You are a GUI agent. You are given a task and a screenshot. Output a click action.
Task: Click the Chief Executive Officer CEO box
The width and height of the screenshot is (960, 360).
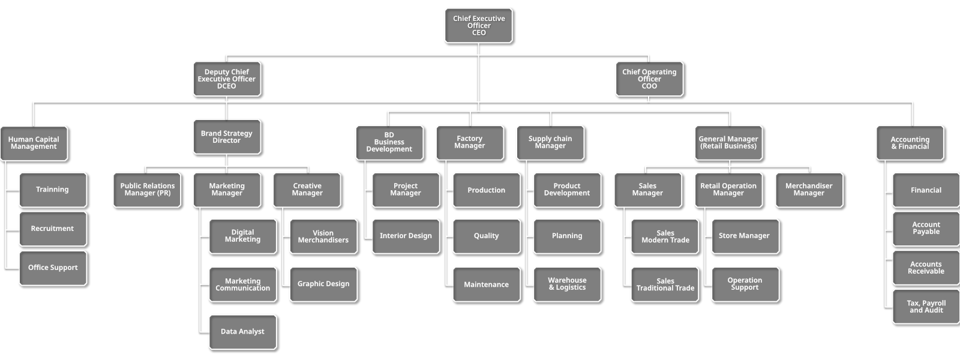[x=478, y=25]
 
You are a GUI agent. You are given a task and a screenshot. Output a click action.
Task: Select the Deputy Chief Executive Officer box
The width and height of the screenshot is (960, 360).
[x=227, y=79]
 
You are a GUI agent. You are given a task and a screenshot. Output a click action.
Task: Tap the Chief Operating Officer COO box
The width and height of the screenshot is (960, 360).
[x=649, y=79]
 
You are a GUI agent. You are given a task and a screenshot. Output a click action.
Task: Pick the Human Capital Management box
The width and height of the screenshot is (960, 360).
[x=34, y=143]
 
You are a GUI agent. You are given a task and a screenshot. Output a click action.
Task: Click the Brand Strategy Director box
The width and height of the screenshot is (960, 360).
[x=227, y=137]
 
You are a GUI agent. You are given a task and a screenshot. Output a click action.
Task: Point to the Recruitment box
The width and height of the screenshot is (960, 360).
[x=52, y=229]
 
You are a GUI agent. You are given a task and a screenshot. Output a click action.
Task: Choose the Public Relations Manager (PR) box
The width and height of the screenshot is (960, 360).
[x=147, y=190]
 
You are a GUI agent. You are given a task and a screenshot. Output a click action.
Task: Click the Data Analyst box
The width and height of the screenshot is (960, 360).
[x=242, y=331]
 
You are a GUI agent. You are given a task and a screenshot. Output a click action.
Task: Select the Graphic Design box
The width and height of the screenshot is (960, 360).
[x=323, y=284]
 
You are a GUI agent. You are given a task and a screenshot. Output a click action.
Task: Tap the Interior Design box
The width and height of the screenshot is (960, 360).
[x=406, y=236]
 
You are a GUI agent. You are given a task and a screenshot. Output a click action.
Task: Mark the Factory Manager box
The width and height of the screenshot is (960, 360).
[x=469, y=142]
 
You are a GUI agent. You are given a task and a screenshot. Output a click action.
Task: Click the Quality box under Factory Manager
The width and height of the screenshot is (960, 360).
[x=486, y=236]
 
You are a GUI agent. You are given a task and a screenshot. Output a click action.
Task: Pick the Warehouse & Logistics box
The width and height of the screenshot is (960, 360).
[x=567, y=284]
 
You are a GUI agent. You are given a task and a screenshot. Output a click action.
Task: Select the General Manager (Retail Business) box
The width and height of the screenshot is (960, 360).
[x=728, y=142]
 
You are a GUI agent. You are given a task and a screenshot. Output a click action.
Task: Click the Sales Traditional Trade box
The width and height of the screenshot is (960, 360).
[x=665, y=284]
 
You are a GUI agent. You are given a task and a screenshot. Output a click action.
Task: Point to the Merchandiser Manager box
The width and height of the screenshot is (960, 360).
[x=809, y=190]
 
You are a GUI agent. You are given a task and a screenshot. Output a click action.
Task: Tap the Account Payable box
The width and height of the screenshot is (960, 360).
[x=926, y=228]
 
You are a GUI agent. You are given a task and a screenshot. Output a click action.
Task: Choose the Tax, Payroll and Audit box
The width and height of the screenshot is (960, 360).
[x=926, y=307]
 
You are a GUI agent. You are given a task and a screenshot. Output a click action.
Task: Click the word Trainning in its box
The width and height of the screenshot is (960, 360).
[x=52, y=190]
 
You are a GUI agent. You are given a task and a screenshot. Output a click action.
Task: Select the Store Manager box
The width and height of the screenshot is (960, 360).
[x=744, y=236]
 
